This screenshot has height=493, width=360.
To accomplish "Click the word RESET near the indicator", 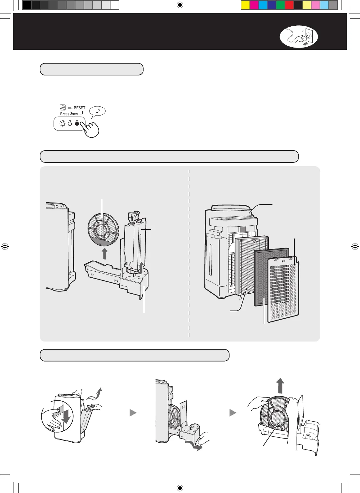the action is (80, 108).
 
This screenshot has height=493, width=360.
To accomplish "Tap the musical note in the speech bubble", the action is (98, 110).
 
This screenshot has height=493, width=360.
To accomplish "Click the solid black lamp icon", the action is (77, 123).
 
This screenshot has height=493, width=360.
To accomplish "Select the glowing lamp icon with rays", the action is (63, 123).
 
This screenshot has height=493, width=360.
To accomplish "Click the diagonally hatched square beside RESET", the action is (63, 108).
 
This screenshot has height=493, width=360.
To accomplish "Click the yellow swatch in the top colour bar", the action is (245, 5).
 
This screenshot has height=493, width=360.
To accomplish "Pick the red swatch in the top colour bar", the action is (289, 5).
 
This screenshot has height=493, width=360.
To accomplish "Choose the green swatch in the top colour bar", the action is (280, 5).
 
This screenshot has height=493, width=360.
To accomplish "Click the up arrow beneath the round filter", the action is (105, 254).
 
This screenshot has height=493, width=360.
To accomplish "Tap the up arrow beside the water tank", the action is (141, 268).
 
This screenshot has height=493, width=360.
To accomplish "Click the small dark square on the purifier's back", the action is (243, 229).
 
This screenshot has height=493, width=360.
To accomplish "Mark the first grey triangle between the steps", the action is (133, 413).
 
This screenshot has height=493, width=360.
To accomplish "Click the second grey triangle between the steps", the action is (233, 413).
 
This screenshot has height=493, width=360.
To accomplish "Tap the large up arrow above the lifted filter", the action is (280, 385).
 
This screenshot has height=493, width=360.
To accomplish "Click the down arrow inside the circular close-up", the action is (66, 415).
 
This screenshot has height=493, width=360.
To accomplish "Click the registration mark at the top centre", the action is (180, 5).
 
